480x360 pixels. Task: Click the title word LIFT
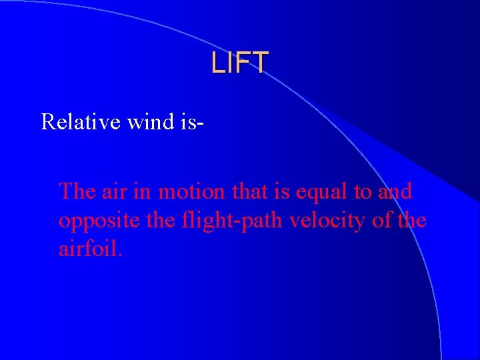239,63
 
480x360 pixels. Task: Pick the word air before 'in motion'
115,191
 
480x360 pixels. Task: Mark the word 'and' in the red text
395,191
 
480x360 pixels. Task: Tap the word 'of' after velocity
382,221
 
